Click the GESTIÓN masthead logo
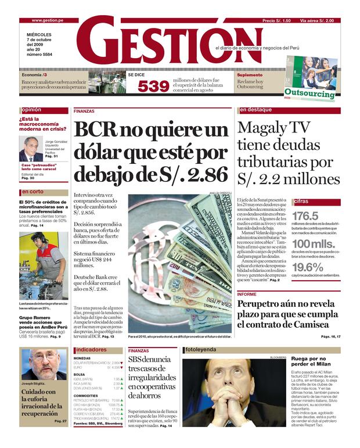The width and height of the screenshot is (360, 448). click(x=148, y=42)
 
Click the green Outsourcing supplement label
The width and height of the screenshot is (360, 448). click(x=309, y=92)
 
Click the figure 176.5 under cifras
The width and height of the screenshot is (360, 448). click(x=305, y=216)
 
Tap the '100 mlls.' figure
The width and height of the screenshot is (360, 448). click(x=314, y=243)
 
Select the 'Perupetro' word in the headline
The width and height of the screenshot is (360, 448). click(x=265, y=304)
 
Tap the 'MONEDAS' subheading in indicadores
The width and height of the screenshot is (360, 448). click(x=82, y=358)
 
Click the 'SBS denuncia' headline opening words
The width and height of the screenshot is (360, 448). click(x=150, y=360)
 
